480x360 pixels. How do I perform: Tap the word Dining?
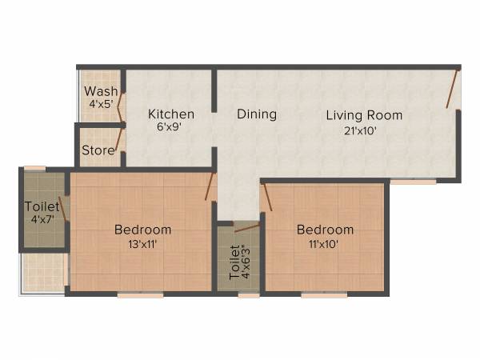257,114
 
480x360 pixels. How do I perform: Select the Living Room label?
364,115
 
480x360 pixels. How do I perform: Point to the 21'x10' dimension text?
364,130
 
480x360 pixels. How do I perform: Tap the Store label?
96,150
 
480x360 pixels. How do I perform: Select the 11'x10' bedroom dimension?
325,244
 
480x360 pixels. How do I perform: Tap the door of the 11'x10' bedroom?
267,197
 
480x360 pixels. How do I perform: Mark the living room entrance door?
453,90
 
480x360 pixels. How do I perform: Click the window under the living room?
413,182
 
